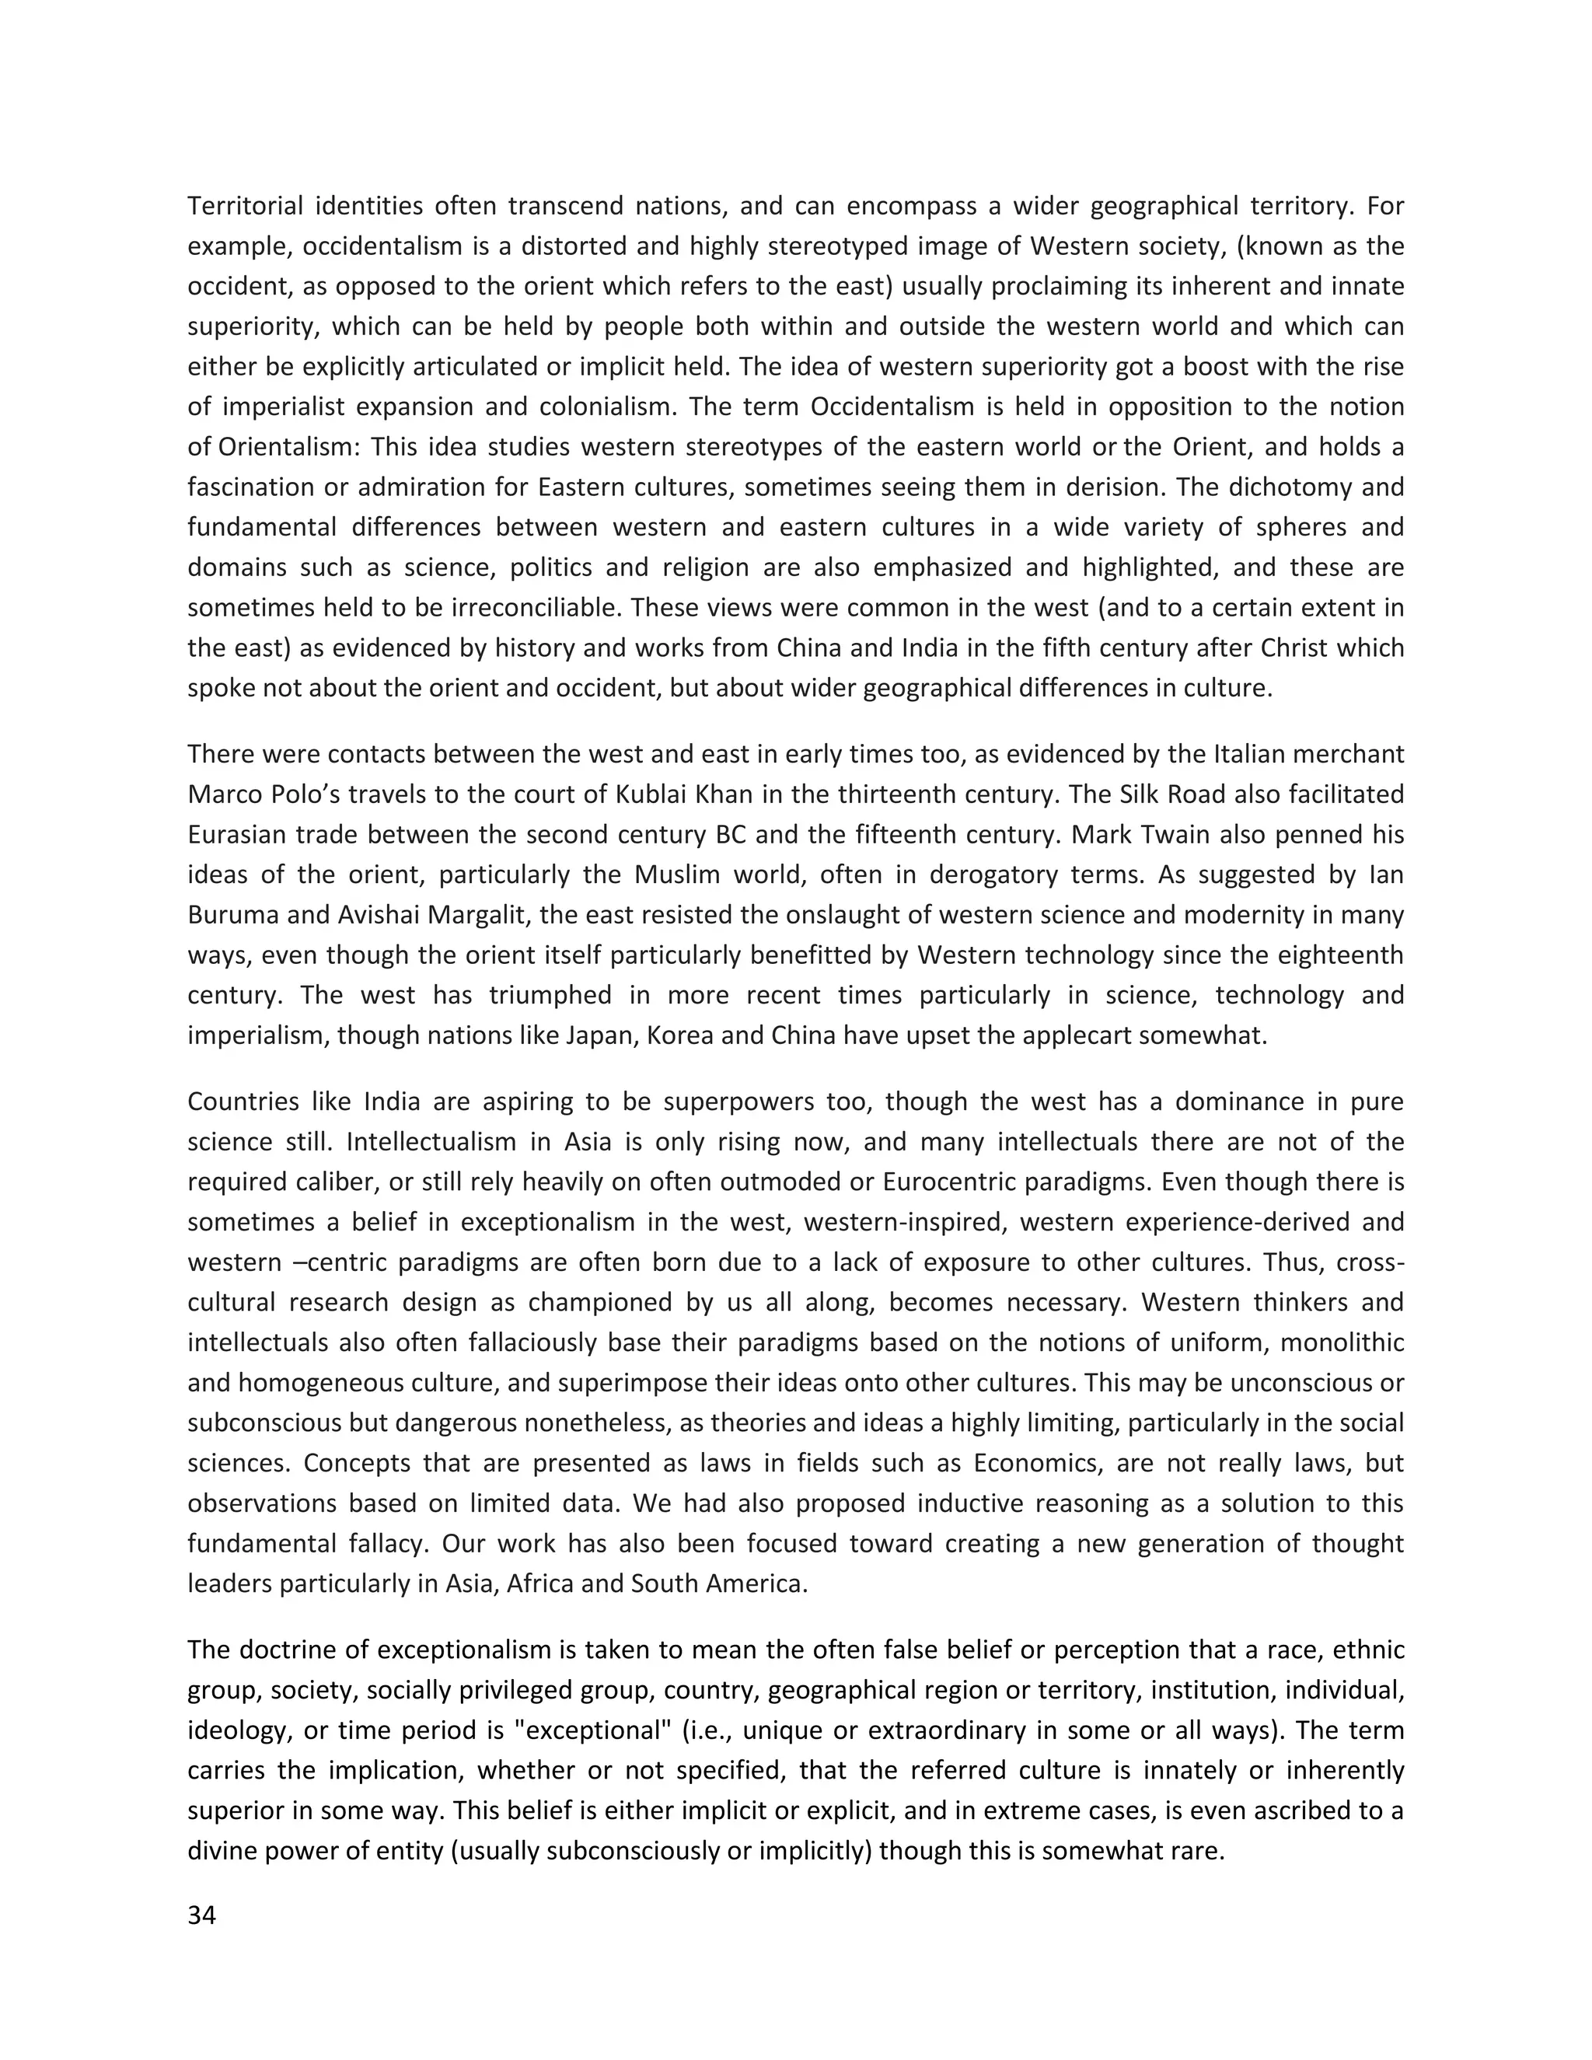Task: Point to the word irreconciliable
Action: pos(538,607)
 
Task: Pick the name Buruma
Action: pos(231,915)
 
